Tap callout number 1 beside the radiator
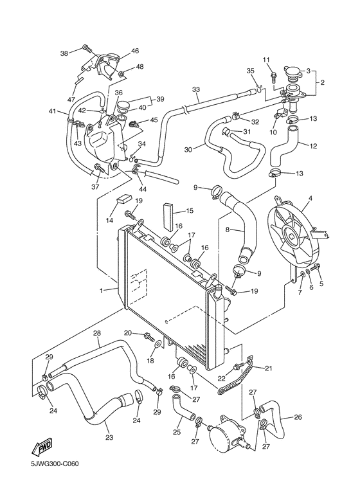pyautogui.click(x=101, y=291)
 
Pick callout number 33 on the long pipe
pyautogui.click(x=195, y=90)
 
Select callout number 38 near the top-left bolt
pyautogui.click(x=64, y=53)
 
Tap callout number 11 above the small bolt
pyautogui.click(x=264, y=60)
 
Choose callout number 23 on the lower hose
pyautogui.click(x=109, y=438)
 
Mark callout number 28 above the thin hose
pyautogui.click(x=97, y=333)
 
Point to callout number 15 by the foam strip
pyautogui.click(x=190, y=211)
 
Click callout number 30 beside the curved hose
pyautogui.click(x=188, y=150)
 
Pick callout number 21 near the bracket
pyautogui.click(x=268, y=368)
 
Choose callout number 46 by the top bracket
pyautogui.click(x=134, y=51)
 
